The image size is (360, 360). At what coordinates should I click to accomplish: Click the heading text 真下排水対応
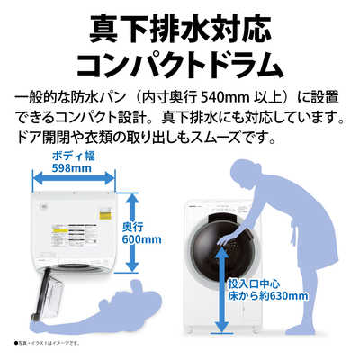[180, 28]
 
